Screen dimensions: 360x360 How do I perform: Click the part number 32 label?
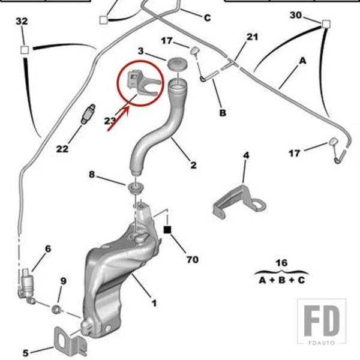point(22,22)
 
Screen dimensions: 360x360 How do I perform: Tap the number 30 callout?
point(296,14)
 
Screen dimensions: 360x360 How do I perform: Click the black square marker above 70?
point(169,229)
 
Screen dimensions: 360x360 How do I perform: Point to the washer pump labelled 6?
point(27,283)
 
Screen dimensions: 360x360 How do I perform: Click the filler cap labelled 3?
point(176,64)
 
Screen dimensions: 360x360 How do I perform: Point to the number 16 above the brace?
point(281,263)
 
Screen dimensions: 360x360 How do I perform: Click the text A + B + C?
point(281,280)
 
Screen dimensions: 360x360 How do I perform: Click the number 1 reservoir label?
point(155,303)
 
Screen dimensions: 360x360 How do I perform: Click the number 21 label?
point(252,37)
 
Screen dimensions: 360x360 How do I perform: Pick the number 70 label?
point(192,260)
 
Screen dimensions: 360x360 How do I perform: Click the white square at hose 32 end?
point(25,49)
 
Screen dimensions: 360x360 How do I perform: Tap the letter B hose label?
point(223,112)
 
